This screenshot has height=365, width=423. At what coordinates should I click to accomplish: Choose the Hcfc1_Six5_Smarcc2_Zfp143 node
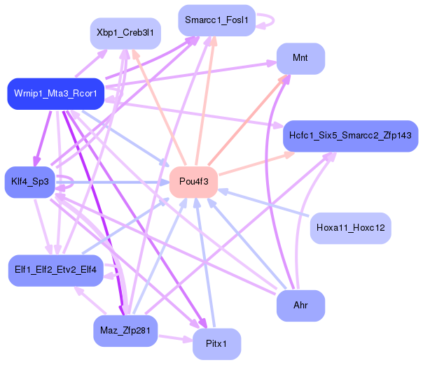350,135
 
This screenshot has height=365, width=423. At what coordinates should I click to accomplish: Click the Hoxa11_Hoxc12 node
350,228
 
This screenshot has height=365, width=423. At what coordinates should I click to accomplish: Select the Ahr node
300,306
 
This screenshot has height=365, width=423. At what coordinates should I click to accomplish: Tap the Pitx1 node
216,344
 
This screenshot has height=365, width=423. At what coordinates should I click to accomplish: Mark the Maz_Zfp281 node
125,330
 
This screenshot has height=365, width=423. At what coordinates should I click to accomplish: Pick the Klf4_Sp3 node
29,182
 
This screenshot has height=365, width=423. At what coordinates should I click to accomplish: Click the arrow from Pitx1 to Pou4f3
204,266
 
